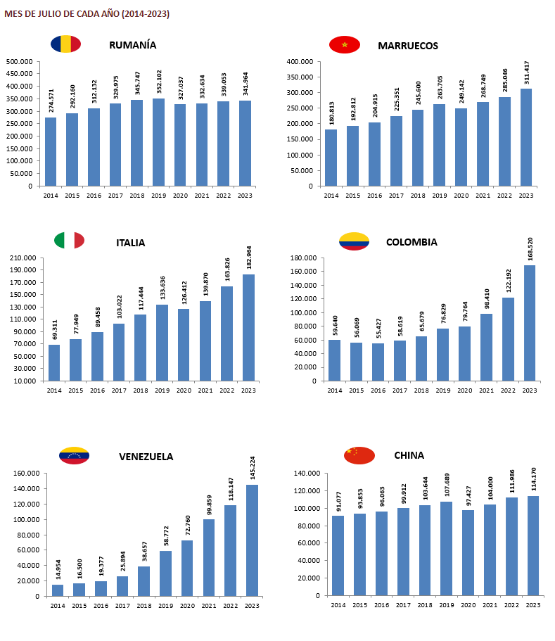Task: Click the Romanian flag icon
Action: point(65,44)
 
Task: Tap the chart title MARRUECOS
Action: point(408,46)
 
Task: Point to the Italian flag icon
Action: point(69,241)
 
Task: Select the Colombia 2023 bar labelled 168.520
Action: point(529,323)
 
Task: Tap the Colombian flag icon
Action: point(354,241)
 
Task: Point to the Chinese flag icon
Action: point(359,455)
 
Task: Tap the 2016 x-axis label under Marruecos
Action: point(374,195)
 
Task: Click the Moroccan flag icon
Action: point(345,45)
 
